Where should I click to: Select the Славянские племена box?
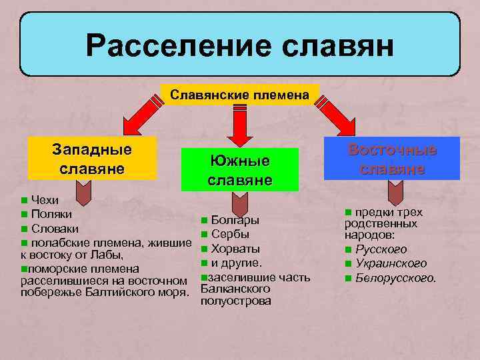point(240,95)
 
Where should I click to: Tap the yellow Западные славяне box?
point(91,158)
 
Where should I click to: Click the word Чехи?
point(45,200)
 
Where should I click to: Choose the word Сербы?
point(230,234)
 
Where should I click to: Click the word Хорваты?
point(235,249)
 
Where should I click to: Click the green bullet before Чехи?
point(24,200)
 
